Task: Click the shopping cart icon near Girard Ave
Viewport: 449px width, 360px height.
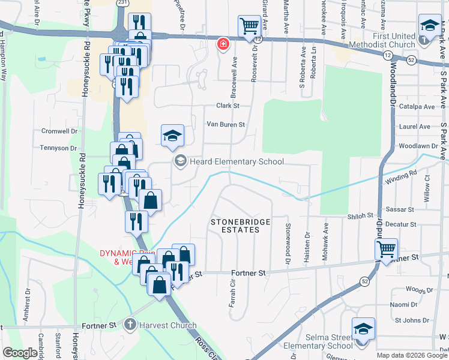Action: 249,26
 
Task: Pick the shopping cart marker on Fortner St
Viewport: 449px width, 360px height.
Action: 386,248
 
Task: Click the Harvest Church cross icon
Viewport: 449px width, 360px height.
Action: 130,325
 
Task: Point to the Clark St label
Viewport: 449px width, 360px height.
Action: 228,106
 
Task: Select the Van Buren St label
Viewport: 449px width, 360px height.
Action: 226,125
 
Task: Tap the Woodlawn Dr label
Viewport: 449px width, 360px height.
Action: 418,146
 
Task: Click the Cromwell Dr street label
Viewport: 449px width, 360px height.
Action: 59,131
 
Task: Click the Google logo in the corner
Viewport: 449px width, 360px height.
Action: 20,353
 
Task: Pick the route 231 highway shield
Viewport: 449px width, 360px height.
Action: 122,3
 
